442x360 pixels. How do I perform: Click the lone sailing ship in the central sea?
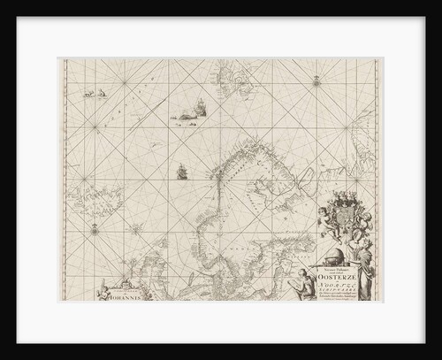(x=182, y=172)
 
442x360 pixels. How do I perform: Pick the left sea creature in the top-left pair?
(x=88, y=93)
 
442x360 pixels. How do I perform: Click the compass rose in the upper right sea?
(x=315, y=83)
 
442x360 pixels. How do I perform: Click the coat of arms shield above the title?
(x=338, y=212)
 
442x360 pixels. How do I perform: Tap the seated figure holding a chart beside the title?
(x=306, y=284)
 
